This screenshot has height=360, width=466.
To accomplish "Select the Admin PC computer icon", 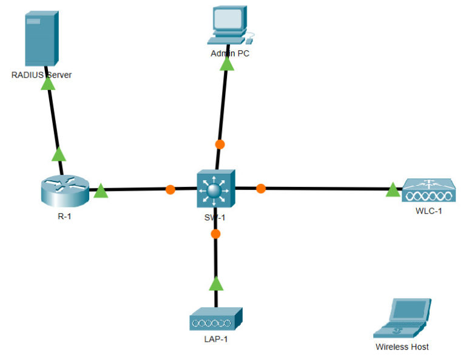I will click(228, 26).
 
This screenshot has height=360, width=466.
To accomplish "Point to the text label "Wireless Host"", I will click(402, 347).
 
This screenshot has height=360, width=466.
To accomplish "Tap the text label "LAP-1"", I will click(215, 339).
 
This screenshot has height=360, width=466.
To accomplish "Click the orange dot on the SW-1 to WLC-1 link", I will click(261, 189).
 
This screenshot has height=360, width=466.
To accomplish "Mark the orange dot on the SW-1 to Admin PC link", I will click(220, 144).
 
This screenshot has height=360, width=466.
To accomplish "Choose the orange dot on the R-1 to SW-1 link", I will click(171, 189).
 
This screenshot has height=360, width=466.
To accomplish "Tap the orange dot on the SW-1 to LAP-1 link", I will click(215, 234).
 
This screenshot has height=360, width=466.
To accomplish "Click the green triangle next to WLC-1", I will click(393, 191).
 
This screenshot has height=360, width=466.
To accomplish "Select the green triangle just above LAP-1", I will click(215, 284).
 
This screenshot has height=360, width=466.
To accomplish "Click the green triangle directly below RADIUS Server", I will click(47, 84).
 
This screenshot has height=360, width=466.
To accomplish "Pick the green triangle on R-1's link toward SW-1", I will click(101, 192).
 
